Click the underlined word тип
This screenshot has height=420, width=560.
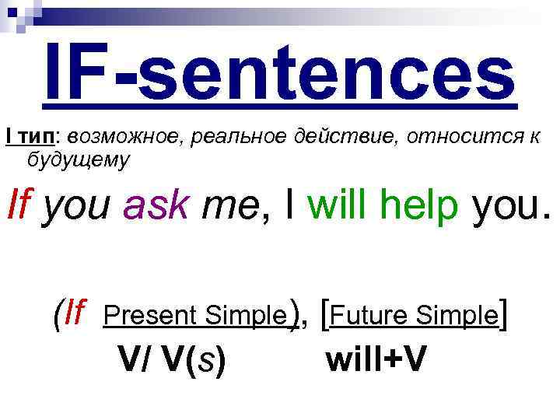pos(37,138)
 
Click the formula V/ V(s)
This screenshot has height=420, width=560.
pos(172,359)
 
